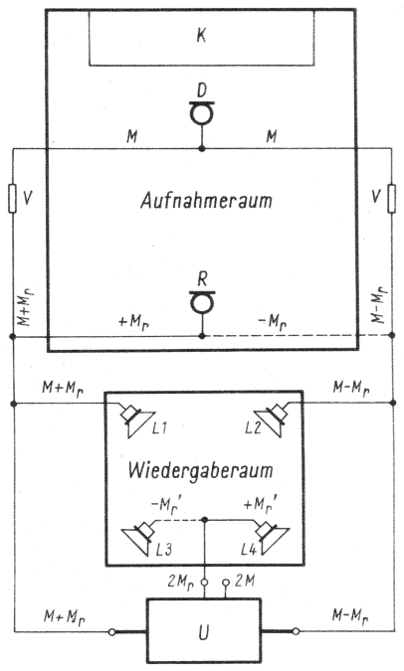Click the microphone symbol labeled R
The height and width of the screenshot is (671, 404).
pyautogui.click(x=202, y=302)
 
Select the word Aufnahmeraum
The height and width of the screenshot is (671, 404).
pyautogui.click(x=206, y=200)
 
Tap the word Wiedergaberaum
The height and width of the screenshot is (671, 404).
pyautogui.click(x=200, y=470)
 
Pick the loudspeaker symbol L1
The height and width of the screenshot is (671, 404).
pyautogui.click(x=136, y=421)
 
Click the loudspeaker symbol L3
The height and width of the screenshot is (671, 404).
pyautogui.click(x=139, y=538)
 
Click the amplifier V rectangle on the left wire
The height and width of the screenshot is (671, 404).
pyautogui.click(x=13, y=199)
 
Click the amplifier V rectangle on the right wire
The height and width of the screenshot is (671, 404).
pyautogui.click(x=392, y=199)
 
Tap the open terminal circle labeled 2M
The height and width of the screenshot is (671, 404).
pyautogui.click(x=226, y=583)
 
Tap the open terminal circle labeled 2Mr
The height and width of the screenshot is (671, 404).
pyautogui.click(x=205, y=583)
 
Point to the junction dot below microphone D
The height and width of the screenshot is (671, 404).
pyautogui.click(x=202, y=148)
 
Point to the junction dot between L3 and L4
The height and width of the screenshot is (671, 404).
pyautogui.click(x=205, y=520)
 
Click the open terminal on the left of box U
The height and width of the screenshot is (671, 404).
pyautogui.click(x=111, y=631)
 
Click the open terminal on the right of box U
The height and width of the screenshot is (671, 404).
pyautogui.click(x=296, y=631)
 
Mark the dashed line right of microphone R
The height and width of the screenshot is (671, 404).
pyautogui.click(x=297, y=336)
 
